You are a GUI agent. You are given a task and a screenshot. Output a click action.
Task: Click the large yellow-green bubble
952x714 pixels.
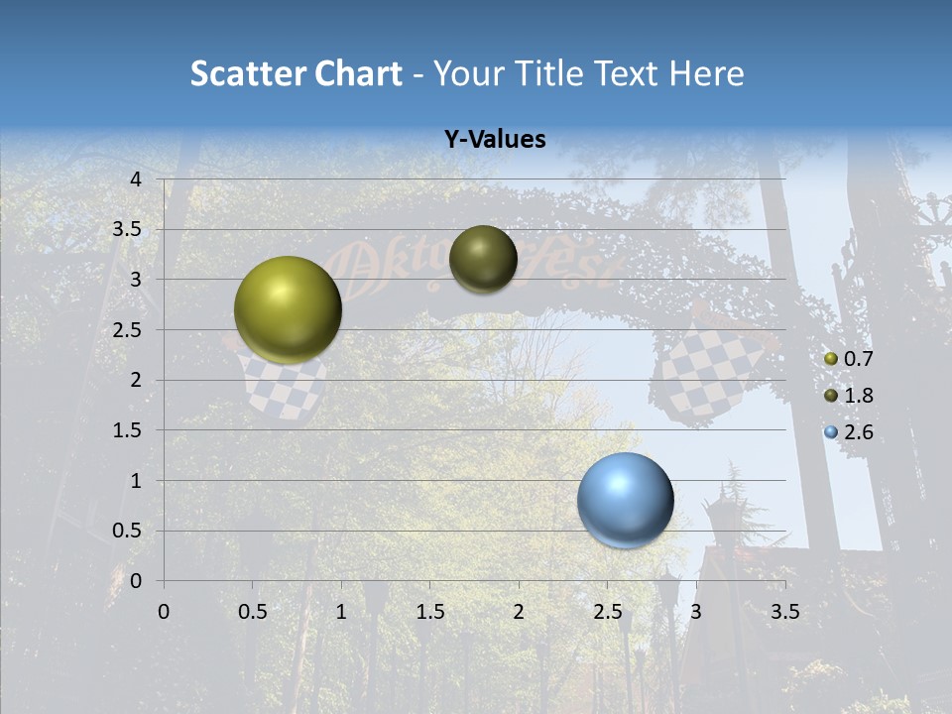coord(288,309)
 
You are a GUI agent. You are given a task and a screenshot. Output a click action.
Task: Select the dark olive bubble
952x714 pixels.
coord(483,259)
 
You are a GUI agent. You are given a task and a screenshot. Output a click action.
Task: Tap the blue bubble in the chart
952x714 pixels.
coord(625,500)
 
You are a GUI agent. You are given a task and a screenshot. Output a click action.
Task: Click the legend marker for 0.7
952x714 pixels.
coord(831,359)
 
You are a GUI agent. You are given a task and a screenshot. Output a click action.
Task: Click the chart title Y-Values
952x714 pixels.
coord(494,140)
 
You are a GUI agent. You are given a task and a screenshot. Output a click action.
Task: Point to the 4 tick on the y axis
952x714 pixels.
coord(137,179)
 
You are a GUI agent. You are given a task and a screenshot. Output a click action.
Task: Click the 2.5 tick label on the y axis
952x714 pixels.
coord(128,330)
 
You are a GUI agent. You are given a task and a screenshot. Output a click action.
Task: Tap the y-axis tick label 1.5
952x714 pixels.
coord(128,430)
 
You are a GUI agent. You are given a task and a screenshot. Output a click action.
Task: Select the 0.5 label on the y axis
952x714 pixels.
coord(128,531)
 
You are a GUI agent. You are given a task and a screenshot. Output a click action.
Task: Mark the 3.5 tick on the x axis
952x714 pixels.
coord(784,612)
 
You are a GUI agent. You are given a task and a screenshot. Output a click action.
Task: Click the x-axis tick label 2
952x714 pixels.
coord(519,612)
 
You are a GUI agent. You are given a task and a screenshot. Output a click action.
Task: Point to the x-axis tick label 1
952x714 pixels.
coord(341,612)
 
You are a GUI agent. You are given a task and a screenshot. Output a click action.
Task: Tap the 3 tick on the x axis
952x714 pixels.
coord(696,612)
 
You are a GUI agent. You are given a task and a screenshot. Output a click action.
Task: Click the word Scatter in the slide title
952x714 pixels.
coord(247,73)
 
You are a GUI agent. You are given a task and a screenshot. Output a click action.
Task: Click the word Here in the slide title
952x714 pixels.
coord(705,73)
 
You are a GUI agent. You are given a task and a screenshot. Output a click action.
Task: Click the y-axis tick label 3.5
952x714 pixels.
coord(128,230)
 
